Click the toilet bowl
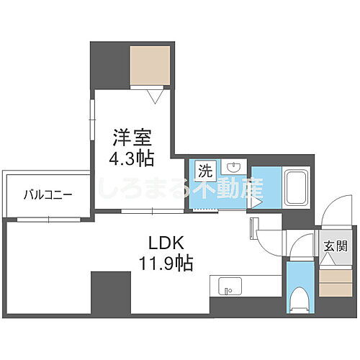point(297,297)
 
